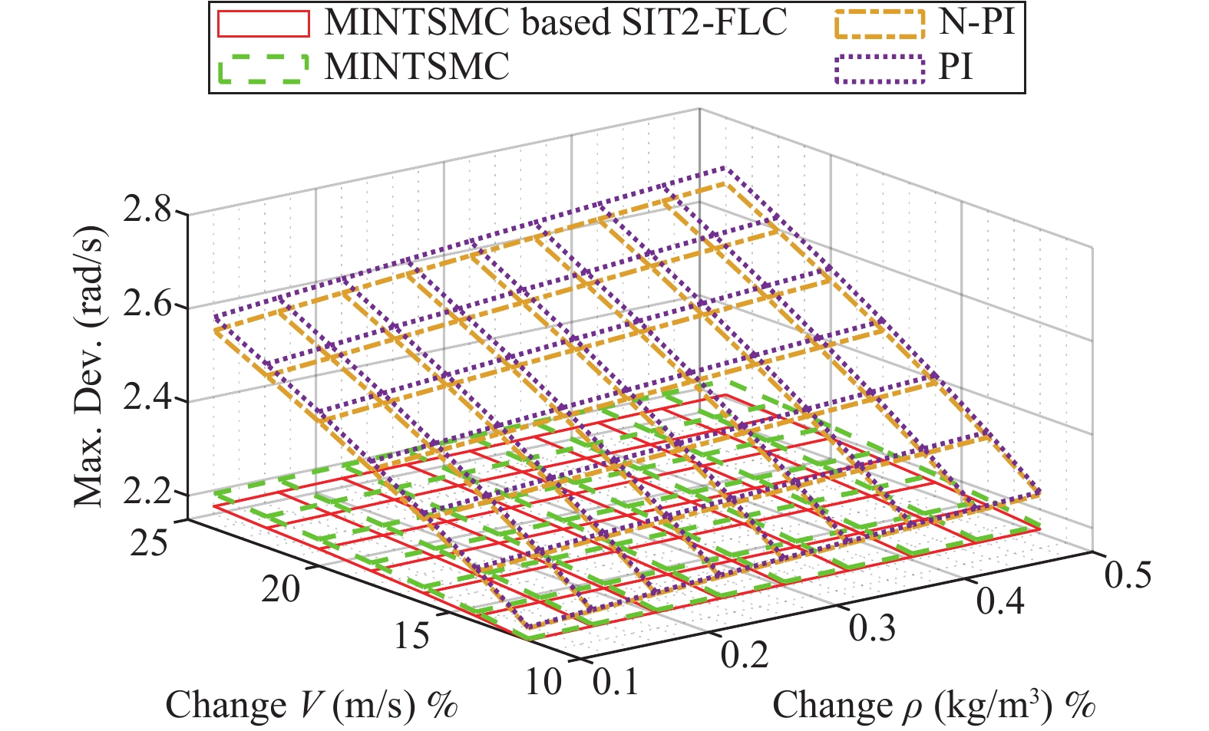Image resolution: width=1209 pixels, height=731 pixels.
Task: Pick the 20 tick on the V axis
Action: [x=281, y=590]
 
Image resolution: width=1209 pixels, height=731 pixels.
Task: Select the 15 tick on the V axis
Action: [x=411, y=636]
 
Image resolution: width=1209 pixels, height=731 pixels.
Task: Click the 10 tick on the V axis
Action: [x=543, y=680]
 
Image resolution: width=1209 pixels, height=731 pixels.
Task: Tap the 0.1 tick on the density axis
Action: [x=616, y=681]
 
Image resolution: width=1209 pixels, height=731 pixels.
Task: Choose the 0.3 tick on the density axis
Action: [x=873, y=627]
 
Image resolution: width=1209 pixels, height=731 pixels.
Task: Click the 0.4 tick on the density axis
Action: [x=1000, y=601]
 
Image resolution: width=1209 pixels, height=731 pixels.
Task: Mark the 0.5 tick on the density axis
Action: [x=1128, y=573]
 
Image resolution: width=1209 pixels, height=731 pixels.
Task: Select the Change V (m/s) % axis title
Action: [x=312, y=705]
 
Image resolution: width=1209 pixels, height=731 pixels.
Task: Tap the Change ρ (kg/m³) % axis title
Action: [x=933, y=705]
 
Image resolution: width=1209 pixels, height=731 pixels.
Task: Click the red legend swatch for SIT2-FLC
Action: [x=263, y=24]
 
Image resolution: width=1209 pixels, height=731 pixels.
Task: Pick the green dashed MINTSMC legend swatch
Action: [x=263, y=68]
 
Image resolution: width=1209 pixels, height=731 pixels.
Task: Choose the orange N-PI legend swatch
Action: [x=879, y=24]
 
